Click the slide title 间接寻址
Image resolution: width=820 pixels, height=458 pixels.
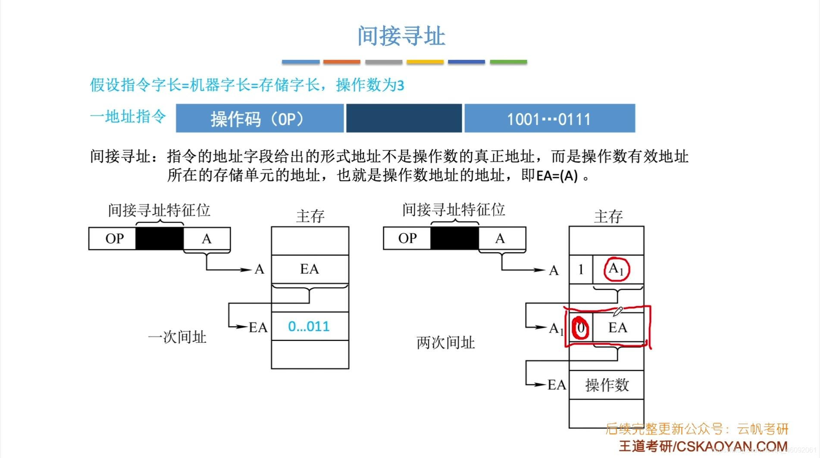[x=401, y=36]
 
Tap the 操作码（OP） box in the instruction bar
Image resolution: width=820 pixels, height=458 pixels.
[x=260, y=119]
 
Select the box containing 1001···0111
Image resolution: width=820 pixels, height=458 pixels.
[x=549, y=119]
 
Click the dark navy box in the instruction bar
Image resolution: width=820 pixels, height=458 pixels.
[x=404, y=119]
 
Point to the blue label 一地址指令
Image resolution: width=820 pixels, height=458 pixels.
[x=128, y=116]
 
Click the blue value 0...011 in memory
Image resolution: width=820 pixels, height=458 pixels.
[x=309, y=326]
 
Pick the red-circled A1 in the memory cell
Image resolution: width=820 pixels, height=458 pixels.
[x=617, y=269]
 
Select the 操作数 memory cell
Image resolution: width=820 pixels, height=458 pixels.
[x=607, y=385]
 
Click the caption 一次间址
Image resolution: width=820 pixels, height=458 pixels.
[x=177, y=337]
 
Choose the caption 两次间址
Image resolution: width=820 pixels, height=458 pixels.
[x=446, y=343]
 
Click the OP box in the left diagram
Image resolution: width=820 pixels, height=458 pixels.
[x=114, y=238]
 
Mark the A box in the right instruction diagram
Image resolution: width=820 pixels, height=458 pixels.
[x=500, y=238]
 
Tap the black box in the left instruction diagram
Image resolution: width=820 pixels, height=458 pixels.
[x=160, y=238]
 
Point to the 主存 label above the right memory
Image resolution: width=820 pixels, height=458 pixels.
[x=608, y=216]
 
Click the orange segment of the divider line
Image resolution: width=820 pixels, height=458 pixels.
[x=341, y=62]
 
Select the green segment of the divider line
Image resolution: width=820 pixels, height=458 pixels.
[x=508, y=62]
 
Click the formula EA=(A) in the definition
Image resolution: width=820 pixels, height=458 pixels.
[x=557, y=176]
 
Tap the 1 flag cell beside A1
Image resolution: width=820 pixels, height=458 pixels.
[x=581, y=270]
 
